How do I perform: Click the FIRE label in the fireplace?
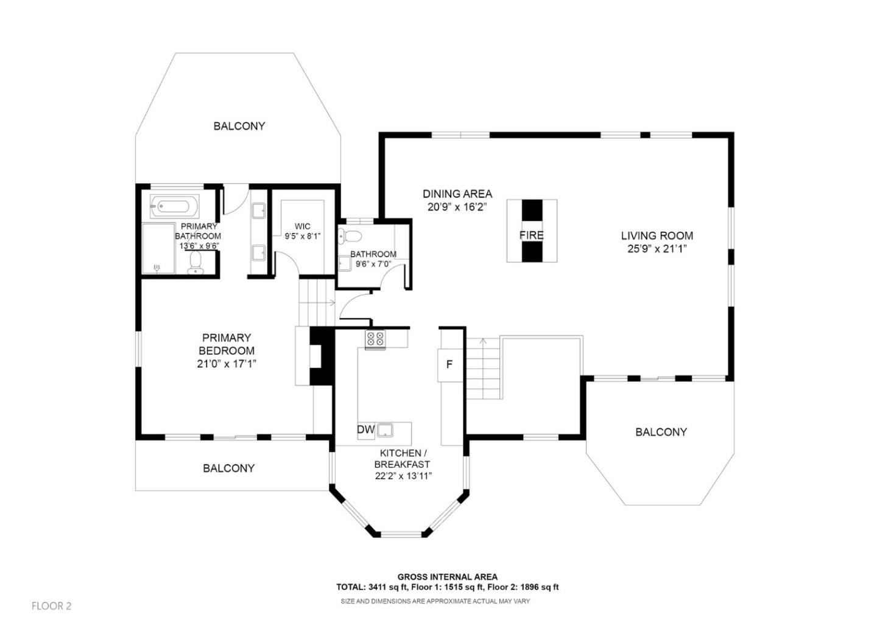531,235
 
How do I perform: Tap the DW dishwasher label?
365,430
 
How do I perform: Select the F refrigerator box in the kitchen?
450,365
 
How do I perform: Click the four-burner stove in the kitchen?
375,339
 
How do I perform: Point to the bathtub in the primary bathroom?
175,206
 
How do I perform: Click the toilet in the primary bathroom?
195,263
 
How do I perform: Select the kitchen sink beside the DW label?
386,430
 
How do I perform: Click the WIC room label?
302,226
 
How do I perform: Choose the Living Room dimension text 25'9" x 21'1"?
657,249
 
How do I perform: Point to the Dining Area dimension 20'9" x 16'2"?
457,207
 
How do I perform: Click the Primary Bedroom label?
227,344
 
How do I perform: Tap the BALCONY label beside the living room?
661,432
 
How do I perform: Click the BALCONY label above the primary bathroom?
239,126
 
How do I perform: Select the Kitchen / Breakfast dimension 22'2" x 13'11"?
403,476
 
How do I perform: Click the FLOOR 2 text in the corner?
52,606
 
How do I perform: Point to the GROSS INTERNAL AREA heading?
448,577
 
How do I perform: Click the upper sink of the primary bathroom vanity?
258,210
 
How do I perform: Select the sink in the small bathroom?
345,263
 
